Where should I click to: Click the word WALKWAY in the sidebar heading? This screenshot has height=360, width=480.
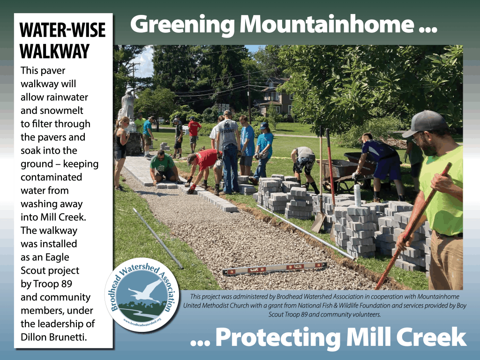(x=54, y=51)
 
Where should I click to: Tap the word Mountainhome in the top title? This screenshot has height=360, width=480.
(x=327, y=24)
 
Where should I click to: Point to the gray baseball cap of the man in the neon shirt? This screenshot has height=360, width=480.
(x=426, y=123)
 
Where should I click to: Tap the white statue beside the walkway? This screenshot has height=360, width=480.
(x=127, y=107)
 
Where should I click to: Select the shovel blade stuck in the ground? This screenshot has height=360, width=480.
(x=318, y=222)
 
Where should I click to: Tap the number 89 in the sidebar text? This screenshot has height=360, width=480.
(x=67, y=284)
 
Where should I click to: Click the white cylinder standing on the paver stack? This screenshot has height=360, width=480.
(x=357, y=195)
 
